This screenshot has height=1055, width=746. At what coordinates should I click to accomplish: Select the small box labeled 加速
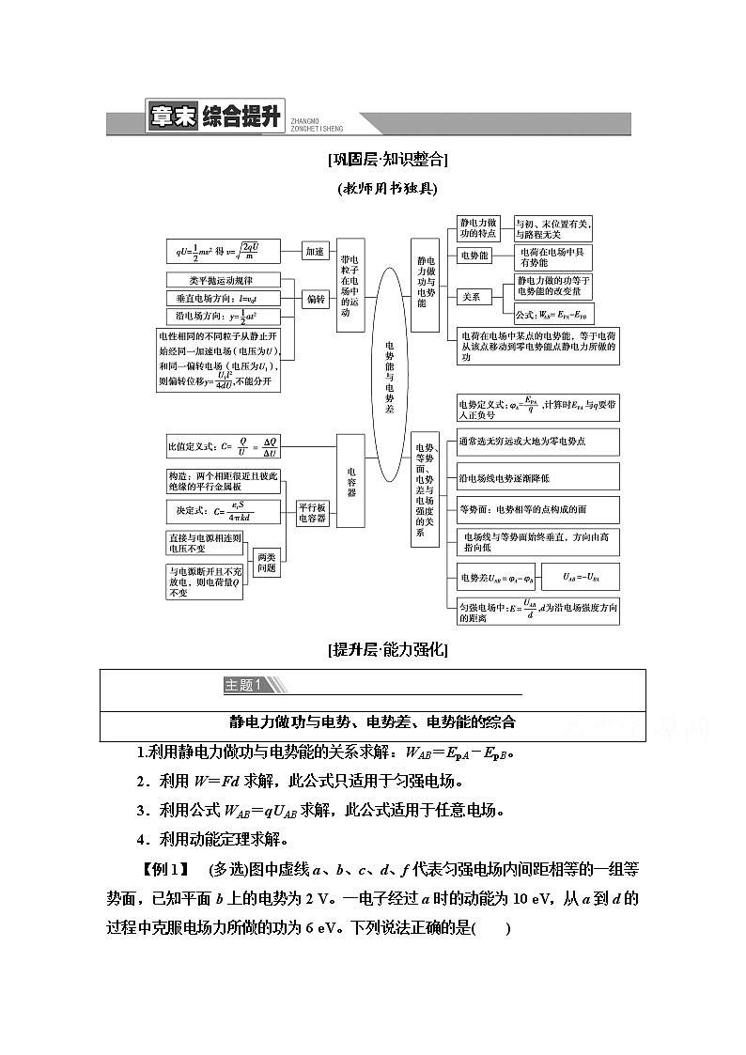(x=314, y=251)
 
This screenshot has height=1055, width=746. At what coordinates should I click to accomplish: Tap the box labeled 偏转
(x=314, y=299)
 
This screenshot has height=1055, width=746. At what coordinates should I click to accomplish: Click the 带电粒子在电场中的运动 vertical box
(x=350, y=285)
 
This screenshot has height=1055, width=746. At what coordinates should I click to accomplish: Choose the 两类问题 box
(x=267, y=561)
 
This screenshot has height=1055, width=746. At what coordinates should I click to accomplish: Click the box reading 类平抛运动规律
(x=221, y=280)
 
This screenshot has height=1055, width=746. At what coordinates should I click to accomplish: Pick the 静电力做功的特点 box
(x=479, y=228)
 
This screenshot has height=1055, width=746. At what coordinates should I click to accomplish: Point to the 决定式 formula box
(x=223, y=511)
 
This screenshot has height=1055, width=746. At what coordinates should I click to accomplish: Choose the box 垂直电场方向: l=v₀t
(x=221, y=298)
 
